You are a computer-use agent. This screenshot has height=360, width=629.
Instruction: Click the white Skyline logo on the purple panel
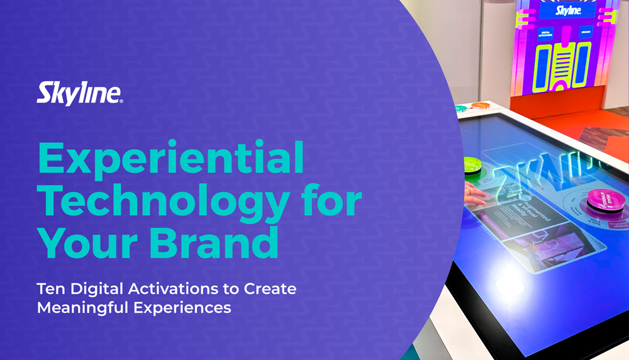pos(79,94)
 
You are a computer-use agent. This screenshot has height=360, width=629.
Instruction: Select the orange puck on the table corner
pos(481,105)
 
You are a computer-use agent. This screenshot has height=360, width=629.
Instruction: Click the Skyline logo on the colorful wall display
pos(568,11)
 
